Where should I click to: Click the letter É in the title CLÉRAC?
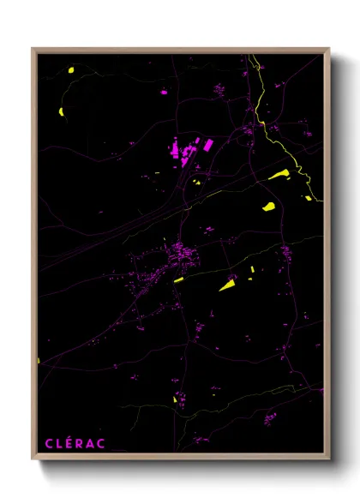pos(70,443)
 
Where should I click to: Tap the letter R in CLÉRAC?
pos(81,443)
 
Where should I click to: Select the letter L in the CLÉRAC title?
pos(59,443)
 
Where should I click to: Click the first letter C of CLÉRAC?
pos(49,443)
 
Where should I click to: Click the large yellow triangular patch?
pos(228,285)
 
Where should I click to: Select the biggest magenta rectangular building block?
pos(184,150)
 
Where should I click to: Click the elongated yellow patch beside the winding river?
pos(279,175)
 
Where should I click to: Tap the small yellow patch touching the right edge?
pos(309,198)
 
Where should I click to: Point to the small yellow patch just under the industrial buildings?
pos(196,182)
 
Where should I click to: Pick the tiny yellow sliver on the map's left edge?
pos(39,360)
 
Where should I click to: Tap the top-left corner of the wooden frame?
pos(33,49)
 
